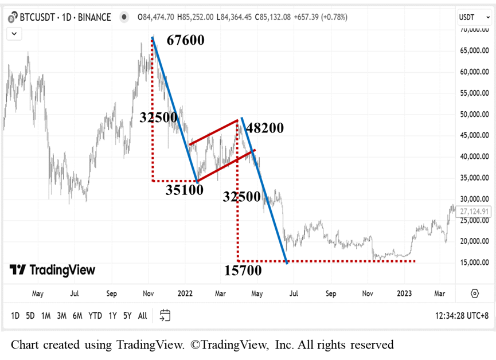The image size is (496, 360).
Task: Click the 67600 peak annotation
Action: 185,41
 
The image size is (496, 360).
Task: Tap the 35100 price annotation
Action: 184,190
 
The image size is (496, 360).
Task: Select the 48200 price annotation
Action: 265,128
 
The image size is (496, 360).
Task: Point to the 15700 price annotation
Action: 243,270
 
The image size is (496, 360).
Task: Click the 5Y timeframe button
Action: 127,315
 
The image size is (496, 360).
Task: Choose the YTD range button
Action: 96,315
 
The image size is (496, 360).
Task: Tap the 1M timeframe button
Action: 46,315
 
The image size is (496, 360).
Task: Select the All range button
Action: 142,315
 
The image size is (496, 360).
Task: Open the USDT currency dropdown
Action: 474,17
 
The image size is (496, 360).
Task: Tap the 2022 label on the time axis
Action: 185,294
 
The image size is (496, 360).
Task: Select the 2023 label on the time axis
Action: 404,294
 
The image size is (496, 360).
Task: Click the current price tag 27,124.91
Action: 474,212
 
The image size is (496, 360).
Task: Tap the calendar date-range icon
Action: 165,315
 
